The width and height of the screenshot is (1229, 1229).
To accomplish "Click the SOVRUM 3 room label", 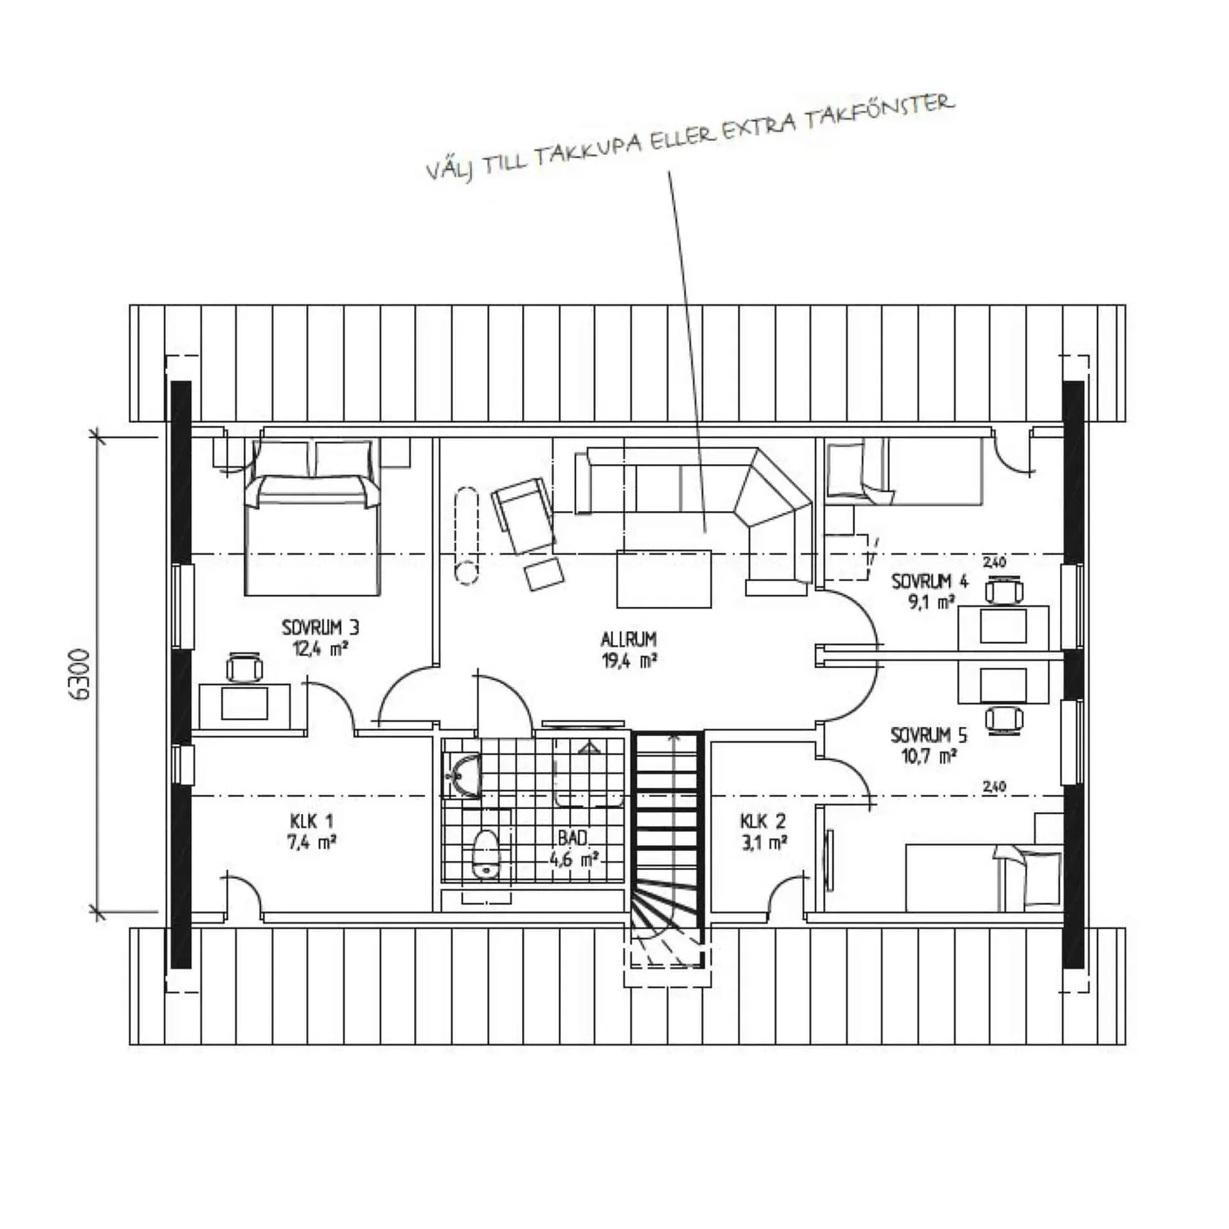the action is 320,627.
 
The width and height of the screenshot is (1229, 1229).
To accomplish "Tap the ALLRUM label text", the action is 629,639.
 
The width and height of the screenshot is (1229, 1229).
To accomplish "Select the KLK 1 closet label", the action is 311,822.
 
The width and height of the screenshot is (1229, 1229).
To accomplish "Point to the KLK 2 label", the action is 763,822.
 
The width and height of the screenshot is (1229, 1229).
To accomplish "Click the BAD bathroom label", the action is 573,838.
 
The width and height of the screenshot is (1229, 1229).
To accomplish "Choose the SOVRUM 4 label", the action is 930,581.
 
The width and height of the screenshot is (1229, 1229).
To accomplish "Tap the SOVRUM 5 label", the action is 929,735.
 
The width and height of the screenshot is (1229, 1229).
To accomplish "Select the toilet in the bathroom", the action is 486,854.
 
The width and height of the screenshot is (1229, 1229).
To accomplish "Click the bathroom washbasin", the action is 463,775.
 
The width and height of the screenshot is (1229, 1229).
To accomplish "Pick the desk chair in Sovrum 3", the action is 244,667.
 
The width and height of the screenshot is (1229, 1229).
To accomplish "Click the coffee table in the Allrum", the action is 664,579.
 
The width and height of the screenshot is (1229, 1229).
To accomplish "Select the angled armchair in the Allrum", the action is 523,515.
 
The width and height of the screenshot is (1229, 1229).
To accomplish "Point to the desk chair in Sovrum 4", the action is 1004,591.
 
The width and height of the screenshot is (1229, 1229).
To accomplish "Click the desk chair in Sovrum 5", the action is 1004,719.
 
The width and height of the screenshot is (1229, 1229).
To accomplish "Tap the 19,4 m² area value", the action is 629,660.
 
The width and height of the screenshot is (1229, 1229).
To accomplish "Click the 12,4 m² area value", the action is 320,648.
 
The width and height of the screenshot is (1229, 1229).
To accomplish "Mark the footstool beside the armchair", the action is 544,574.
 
